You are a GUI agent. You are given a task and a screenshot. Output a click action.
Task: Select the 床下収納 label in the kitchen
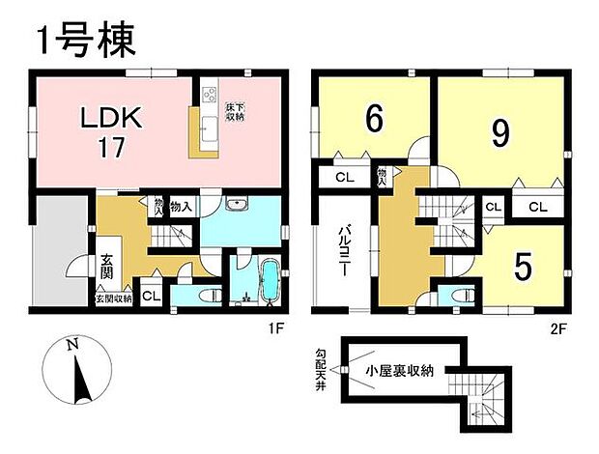click(234, 111)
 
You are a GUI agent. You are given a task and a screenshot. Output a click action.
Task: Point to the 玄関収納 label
click(112, 299)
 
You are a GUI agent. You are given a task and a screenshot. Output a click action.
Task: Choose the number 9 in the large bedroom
click(499, 132)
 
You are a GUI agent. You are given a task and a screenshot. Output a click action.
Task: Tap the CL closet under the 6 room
click(343, 177)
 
